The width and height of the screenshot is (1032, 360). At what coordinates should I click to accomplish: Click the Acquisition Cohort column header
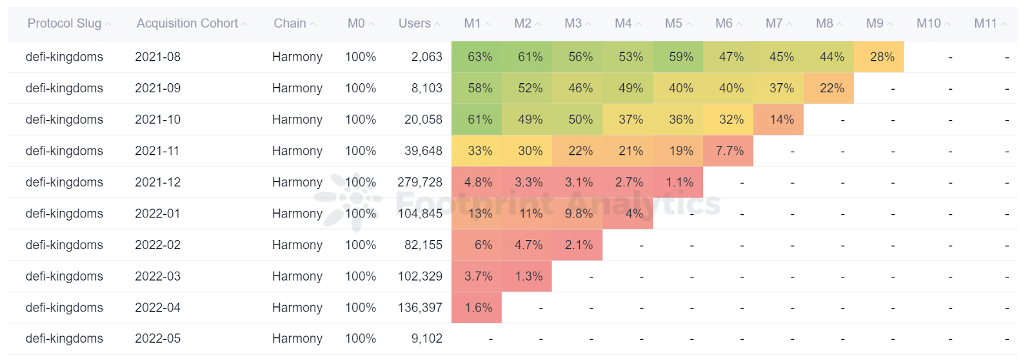click(187, 23)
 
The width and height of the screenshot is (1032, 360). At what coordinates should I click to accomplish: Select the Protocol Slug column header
click(64, 23)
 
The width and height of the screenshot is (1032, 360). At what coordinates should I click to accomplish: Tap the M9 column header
click(875, 23)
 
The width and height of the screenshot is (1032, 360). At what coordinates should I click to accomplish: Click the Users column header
click(414, 23)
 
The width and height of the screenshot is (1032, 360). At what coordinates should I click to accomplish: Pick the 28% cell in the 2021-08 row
click(882, 57)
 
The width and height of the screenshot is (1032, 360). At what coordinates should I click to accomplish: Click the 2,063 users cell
click(426, 57)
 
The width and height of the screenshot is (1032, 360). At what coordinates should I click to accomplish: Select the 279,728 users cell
click(420, 182)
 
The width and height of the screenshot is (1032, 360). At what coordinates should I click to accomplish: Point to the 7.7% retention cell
click(729, 151)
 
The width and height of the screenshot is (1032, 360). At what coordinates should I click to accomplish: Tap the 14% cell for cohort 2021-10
click(781, 119)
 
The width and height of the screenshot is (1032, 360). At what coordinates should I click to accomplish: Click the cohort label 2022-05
click(157, 338)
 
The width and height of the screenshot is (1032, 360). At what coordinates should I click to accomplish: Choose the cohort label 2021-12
click(157, 182)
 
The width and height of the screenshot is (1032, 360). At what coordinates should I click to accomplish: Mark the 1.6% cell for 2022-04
click(478, 308)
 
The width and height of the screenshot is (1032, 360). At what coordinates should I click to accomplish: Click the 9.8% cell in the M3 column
click(579, 214)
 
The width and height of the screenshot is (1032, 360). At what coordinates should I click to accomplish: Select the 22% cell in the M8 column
click(831, 88)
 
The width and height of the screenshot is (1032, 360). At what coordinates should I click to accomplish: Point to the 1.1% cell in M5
click(679, 182)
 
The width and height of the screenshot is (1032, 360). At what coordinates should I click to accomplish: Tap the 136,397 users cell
click(420, 308)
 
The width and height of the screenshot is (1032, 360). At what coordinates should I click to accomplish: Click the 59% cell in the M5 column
click(680, 57)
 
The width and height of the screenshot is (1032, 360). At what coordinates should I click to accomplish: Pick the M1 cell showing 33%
click(480, 151)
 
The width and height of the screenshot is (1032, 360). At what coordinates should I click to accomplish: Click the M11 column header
click(986, 23)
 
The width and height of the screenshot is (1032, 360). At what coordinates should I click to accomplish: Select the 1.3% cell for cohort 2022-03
click(528, 276)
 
